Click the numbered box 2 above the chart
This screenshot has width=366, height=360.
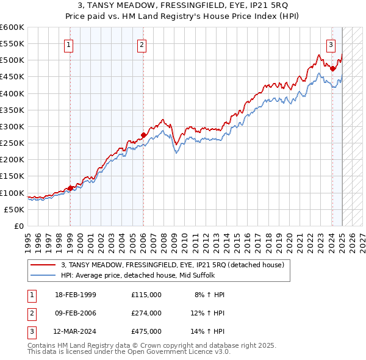142,44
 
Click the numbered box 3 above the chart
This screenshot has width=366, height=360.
331,44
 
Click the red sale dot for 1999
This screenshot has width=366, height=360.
70,188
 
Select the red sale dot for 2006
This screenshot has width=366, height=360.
143,135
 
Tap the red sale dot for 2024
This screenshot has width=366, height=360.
332,69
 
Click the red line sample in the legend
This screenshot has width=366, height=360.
43,265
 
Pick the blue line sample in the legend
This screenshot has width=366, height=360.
43,275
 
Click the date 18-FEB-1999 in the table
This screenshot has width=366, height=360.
75,295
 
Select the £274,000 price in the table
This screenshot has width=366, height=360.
146,313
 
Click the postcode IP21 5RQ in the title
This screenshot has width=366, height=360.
268,5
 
